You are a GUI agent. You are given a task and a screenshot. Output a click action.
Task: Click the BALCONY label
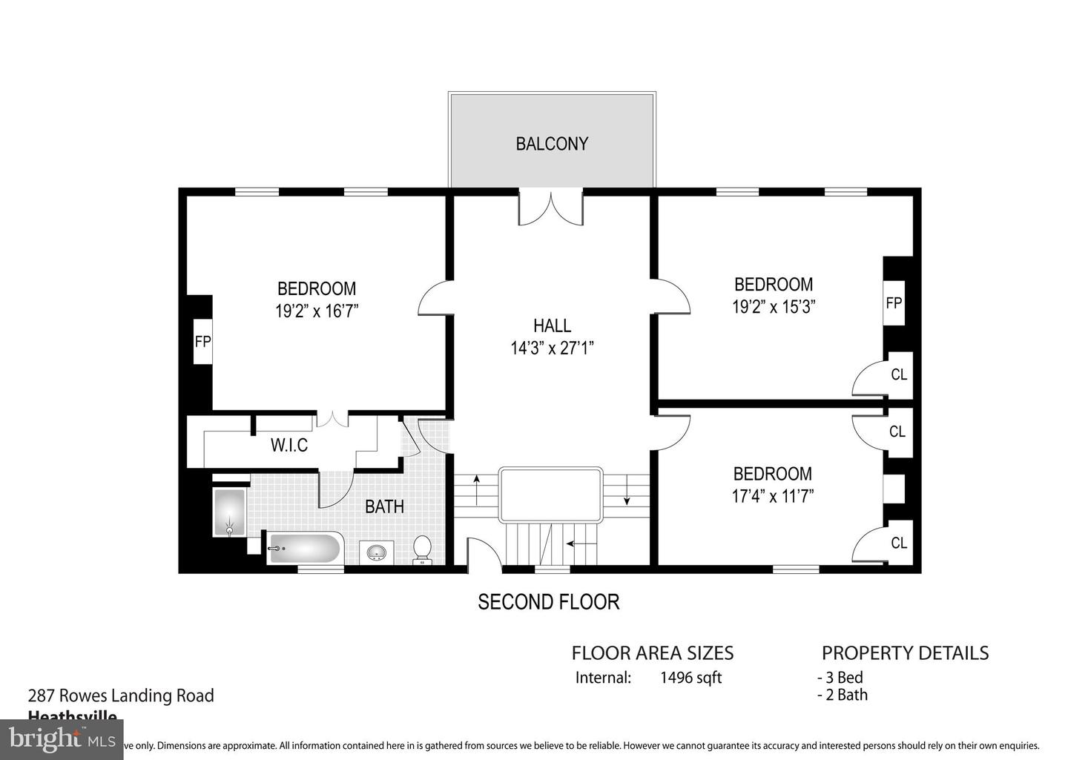pyautogui.click(x=552, y=143)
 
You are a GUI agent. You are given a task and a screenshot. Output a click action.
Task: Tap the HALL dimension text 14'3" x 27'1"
pyautogui.click(x=552, y=348)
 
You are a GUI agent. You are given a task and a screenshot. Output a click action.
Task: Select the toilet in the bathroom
pyautogui.click(x=422, y=549)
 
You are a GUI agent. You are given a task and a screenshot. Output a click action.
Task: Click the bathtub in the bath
pyautogui.click(x=304, y=549)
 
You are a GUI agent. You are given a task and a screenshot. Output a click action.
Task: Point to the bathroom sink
pyautogui.click(x=377, y=552)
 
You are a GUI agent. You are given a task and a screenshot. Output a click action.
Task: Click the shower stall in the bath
pyautogui.click(x=229, y=512)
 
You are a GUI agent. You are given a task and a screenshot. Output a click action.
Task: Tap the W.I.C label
pyautogui.click(x=289, y=445)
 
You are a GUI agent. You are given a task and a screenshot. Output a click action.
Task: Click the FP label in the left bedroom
pyautogui.click(x=202, y=342)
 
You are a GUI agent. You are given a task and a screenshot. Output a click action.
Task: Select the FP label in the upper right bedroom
pyautogui.click(x=894, y=303)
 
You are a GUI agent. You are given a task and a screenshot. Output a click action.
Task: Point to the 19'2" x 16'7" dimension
pyautogui.click(x=317, y=311)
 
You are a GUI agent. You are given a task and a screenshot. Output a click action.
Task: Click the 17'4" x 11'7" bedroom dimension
pyautogui.click(x=773, y=495)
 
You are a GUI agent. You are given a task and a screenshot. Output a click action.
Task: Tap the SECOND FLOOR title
pyautogui.click(x=548, y=601)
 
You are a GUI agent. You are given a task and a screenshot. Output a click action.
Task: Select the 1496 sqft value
pyautogui.click(x=690, y=677)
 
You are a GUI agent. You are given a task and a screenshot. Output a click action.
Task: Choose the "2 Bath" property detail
pyautogui.click(x=843, y=695)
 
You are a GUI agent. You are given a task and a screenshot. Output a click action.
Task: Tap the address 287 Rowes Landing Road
pyautogui.click(x=121, y=695)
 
